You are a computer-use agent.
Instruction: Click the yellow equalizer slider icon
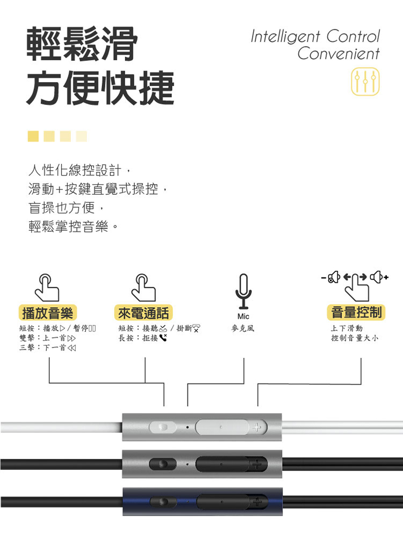point(365,82)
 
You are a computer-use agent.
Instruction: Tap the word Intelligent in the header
point(284,37)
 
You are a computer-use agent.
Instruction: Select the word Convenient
point(338,54)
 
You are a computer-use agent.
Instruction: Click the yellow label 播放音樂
point(47,313)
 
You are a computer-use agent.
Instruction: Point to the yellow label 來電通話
point(143,313)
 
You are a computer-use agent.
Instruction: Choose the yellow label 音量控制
point(356,312)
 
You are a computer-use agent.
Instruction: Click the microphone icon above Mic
point(243,290)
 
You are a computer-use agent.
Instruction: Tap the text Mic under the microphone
point(243,316)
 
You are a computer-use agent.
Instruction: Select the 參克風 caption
point(243,328)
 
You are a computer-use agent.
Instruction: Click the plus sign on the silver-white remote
point(256,428)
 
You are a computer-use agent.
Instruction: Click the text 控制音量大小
point(355,338)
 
